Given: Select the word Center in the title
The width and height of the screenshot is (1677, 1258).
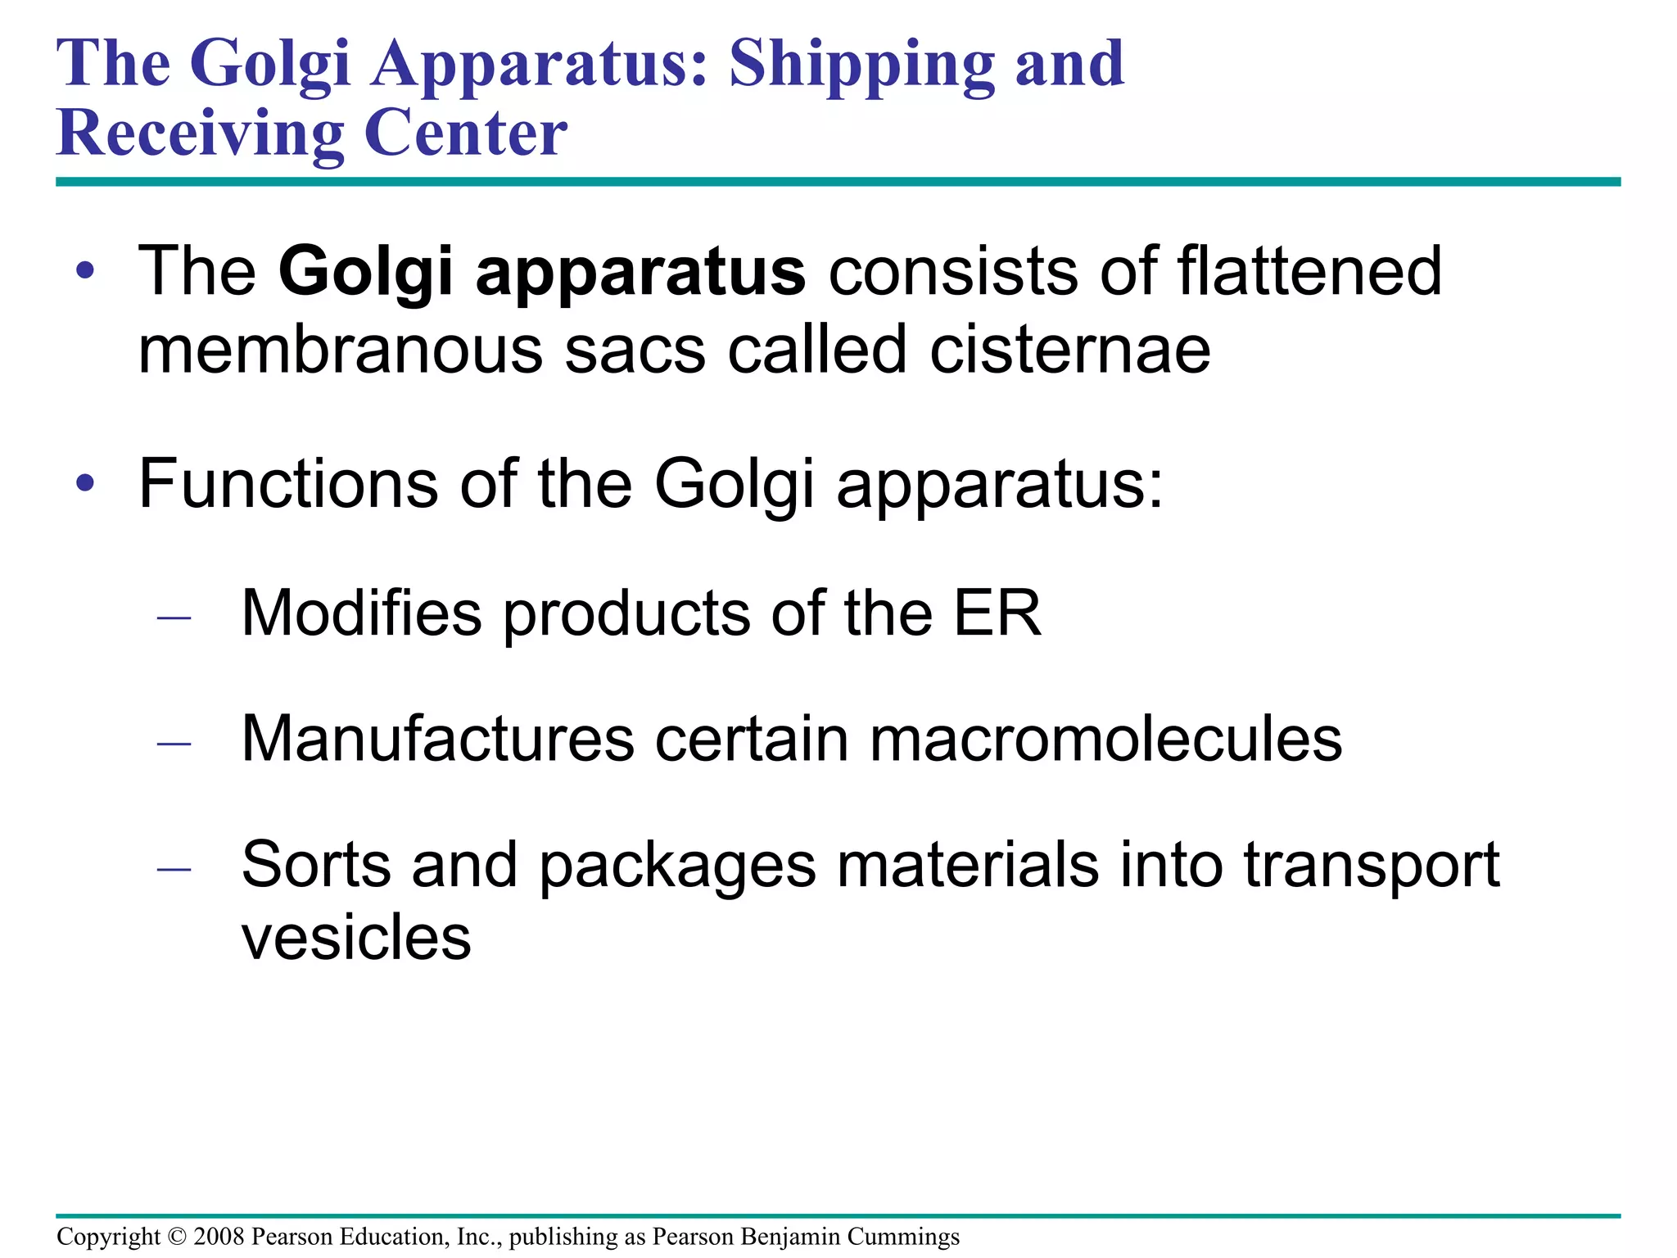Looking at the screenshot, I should point(465,133).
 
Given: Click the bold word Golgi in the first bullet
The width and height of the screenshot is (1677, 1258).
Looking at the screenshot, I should point(366,273).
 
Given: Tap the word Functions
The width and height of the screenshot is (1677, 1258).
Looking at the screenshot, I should point(288,484).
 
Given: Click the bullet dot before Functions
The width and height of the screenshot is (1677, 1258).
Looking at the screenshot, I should point(85,484).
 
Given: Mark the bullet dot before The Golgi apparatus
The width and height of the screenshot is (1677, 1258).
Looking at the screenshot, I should point(85,271).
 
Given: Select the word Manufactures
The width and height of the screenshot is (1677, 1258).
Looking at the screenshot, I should point(437,739).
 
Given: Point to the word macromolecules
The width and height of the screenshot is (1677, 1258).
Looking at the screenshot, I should point(1105,739).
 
